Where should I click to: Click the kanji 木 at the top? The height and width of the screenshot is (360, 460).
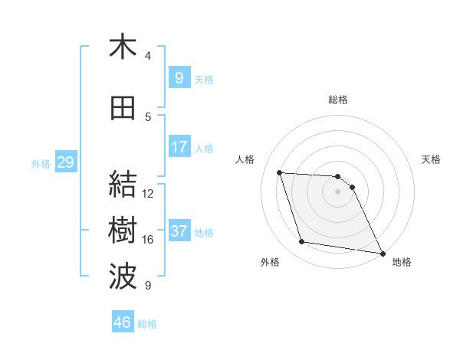(x=123, y=47)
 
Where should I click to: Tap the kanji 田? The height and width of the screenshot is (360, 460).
(x=123, y=109)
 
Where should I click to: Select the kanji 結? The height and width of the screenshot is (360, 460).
(x=123, y=185)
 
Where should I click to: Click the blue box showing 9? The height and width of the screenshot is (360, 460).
(x=179, y=77)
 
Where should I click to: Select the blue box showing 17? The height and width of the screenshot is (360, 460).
(x=179, y=146)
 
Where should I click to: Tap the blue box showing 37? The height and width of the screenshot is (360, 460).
(x=179, y=231)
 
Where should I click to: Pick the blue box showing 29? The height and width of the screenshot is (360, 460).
(x=65, y=162)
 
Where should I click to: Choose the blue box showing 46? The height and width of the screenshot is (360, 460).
(x=123, y=322)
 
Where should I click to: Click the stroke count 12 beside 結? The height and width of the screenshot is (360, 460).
(x=149, y=194)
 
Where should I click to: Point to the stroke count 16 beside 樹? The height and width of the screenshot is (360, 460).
(x=149, y=240)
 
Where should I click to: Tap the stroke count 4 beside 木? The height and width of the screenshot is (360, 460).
(x=148, y=55)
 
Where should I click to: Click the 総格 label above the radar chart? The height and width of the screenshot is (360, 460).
(x=338, y=100)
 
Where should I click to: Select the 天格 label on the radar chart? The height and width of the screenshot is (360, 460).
(x=431, y=159)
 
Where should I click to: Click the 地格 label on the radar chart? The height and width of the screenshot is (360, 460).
(x=402, y=262)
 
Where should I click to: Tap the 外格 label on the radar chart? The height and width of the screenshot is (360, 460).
(x=270, y=262)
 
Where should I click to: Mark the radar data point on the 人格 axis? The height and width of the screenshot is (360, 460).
(x=280, y=172)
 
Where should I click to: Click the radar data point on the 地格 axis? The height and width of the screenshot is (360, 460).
(x=382, y=253)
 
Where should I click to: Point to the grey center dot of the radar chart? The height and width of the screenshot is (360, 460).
(x=338, y=191)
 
